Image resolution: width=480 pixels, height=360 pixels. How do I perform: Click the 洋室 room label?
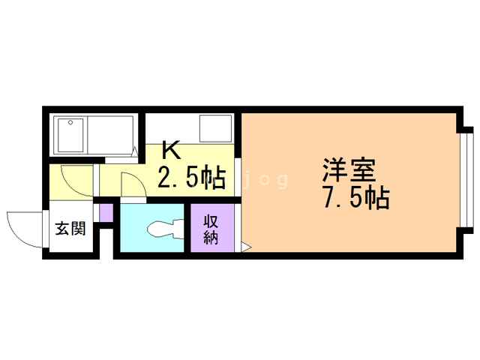[349, 170]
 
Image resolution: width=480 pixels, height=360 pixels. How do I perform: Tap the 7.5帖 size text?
[356, 197]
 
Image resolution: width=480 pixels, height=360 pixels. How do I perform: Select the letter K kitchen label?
[171, 150]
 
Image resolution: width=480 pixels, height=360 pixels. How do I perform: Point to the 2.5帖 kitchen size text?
[191, 177]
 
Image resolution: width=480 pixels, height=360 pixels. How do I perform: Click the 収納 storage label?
[211, 229]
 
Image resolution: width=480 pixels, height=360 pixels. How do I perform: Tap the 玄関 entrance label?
[70, 228]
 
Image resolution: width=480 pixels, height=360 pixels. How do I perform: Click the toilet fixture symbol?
[165, 228]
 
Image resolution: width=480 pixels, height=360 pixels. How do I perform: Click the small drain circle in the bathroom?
[70, 122]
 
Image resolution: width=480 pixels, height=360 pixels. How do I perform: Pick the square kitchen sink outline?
[215, 128]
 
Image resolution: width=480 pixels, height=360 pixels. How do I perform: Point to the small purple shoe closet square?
[106, 212]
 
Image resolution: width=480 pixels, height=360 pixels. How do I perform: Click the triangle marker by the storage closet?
[246, 247]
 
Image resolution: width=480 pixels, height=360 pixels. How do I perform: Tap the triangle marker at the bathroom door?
[135, 151]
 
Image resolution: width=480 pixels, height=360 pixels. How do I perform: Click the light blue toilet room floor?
[151, 228]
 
